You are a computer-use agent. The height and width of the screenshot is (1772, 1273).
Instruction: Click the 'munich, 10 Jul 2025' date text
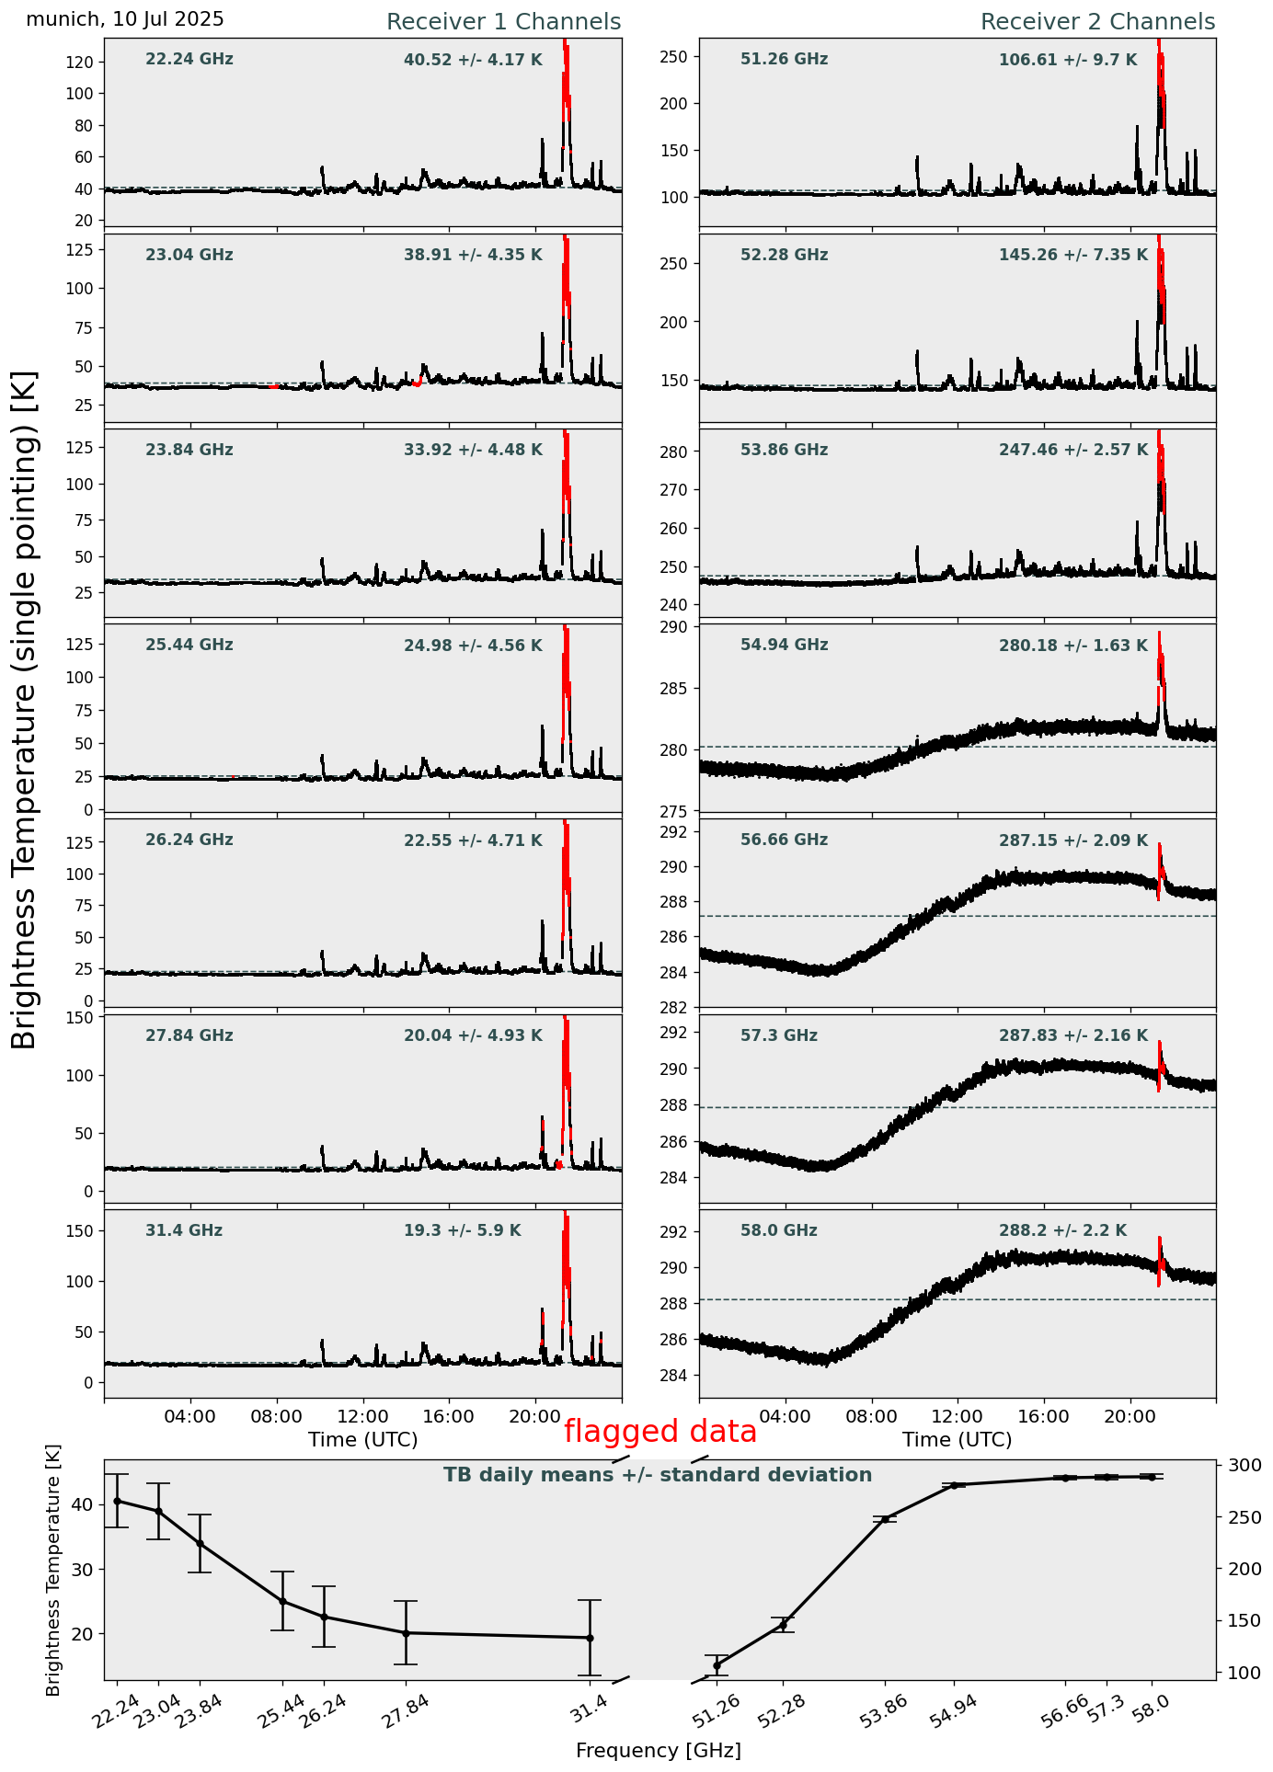[125, 19]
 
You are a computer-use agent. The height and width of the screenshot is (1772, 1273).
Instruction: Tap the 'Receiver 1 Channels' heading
[503, 22]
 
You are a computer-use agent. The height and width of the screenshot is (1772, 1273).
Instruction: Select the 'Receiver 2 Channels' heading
[1097, 22]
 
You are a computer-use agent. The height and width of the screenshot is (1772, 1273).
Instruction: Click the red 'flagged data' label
[659, 1432]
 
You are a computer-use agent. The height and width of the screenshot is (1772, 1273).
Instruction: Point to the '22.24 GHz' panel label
[189, 60]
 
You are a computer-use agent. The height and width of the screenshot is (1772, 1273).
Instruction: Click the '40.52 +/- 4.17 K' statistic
[473, 61]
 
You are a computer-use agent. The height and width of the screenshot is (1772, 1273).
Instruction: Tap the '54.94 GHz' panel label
[784, 646]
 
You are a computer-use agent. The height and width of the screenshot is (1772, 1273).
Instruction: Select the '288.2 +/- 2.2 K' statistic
[1062, 1231]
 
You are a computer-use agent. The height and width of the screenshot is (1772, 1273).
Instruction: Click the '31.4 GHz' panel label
[184, 1231]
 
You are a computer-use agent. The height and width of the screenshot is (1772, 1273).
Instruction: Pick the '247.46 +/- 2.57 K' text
[1073, 451]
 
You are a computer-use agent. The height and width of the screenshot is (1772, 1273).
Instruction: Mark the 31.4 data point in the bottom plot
[590, 1638]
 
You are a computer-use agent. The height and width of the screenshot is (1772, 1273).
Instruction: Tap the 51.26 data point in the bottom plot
[717, 1665]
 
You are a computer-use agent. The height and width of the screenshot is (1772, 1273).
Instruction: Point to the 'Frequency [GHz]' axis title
[658, 1751]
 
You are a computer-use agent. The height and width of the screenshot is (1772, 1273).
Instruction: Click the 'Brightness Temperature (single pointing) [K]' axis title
[25, 709]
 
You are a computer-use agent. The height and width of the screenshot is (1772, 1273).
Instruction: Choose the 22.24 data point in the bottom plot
[117, 1501]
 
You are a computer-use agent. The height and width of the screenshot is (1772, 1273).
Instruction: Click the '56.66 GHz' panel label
[784, 840]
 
